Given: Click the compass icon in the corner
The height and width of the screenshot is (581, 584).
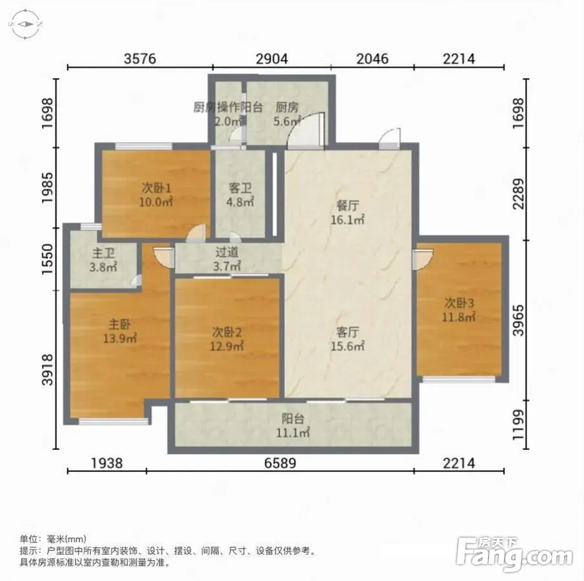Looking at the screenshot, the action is tap(25, 25).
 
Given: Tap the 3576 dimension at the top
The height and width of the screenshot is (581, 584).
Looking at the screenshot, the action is tap(139, 59).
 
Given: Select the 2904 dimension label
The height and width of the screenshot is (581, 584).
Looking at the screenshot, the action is tap(272, 59).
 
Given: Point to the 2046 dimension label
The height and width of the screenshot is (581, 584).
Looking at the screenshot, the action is tap(372, 59).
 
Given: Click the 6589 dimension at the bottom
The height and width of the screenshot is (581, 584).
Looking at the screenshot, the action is tap(280, 464).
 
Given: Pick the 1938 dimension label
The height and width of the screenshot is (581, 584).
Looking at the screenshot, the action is tap(107, 464).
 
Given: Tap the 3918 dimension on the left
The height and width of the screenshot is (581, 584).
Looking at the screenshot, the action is tap(48, 370).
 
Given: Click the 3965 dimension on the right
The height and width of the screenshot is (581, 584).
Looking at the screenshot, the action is tap(518, 320).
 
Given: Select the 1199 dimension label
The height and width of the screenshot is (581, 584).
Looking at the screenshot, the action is tap(518, 425).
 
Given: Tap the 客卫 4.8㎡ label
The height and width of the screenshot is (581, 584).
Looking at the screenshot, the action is tap(240, 195).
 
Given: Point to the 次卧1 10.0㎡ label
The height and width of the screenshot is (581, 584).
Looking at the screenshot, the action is tap(156, 195).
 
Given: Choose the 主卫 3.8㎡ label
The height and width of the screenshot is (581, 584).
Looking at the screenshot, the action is tap(103, 260).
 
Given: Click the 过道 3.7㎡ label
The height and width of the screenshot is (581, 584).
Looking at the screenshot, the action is tap(227, 259).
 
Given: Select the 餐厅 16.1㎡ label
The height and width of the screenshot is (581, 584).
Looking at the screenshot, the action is tap(347, 212).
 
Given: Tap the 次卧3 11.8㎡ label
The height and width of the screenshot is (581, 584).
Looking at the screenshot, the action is tap(459, 310).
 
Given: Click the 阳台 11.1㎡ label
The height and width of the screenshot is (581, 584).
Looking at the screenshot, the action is tap(293, 425).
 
